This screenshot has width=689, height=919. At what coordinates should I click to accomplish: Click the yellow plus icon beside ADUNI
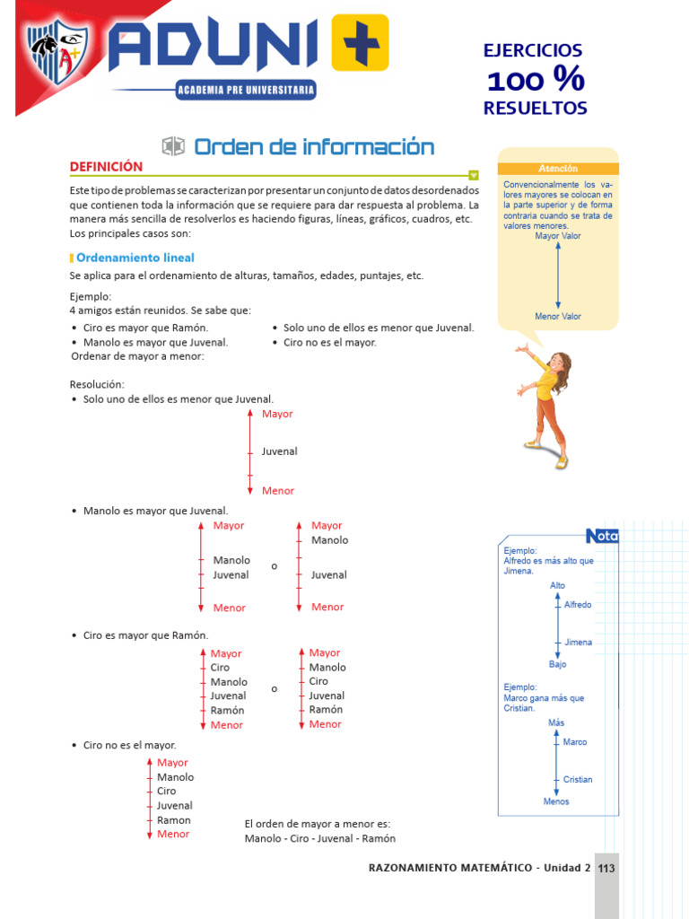pos(360,42)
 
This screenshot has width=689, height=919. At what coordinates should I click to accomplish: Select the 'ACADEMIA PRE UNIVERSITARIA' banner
pos(246,90)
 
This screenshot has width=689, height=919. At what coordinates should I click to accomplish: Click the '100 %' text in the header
pos(535,81)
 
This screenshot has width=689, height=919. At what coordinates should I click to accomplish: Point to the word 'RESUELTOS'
pos(535,109)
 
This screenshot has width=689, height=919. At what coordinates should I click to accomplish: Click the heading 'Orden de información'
pos(314,147)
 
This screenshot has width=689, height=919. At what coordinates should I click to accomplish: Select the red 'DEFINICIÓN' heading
pos(107,167)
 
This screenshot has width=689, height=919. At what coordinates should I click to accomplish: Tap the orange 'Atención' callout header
pos(558,169)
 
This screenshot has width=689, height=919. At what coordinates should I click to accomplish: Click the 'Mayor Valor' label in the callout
pos(558,236)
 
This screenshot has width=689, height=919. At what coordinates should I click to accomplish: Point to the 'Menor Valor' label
pos(558,317)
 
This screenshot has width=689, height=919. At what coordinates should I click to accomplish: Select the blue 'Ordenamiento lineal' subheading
pos(135,258)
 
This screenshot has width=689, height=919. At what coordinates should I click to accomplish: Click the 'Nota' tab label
pos(602,536)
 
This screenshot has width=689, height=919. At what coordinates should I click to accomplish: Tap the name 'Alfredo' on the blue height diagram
pos(578,605)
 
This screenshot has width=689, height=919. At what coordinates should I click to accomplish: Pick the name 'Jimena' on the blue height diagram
pos(578,643)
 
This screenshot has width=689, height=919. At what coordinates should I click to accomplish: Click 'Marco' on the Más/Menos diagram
pos(575,742)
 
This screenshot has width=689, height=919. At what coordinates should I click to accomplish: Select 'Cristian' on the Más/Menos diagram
pos(578,780)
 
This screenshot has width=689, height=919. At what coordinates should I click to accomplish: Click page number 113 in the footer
pos(606,869)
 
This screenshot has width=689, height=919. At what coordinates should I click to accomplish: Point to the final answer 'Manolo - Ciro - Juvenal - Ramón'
pos(319,839)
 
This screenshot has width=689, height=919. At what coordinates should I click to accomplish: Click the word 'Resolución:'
pos(97,384)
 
